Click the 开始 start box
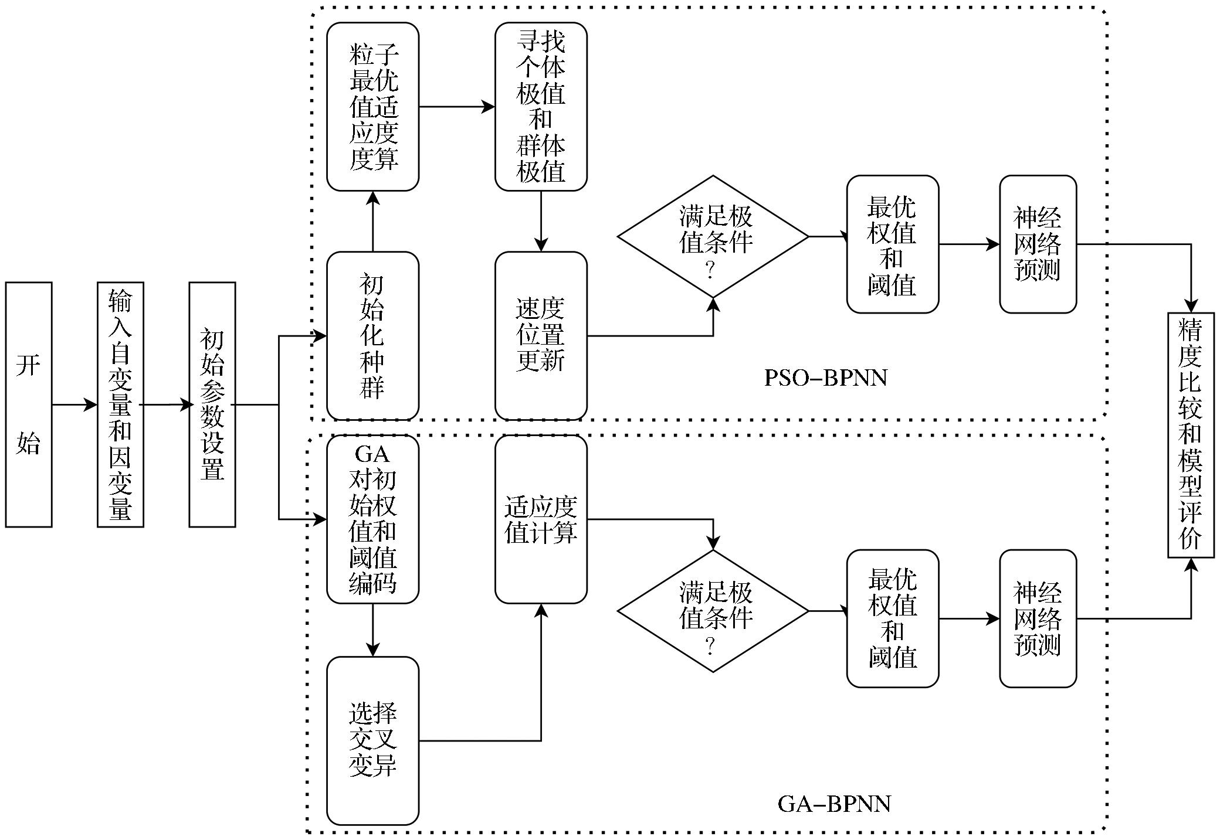pos(29,404)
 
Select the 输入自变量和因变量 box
pos(120,404)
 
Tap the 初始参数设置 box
pos(212,404)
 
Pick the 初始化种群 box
pos(372,336)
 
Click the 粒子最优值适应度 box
pos(372,107)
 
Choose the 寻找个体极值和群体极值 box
pos(541,107)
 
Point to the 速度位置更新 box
pos(541,336)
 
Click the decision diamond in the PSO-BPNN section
pos(713,236)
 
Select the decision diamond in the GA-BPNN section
pos(713,611)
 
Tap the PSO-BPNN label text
pos(826,378)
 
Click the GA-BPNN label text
pos(834,803)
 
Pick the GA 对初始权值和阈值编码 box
pos(372,519)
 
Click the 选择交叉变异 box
pos(372,740)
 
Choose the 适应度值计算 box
pos(541,519)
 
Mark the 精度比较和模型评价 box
pos(1191,435)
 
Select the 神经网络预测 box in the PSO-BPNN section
pos(1038,244)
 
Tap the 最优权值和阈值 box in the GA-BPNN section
pos(892,618)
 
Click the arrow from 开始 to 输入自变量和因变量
pos(74,404)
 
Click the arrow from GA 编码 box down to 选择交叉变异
pos(372,630)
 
